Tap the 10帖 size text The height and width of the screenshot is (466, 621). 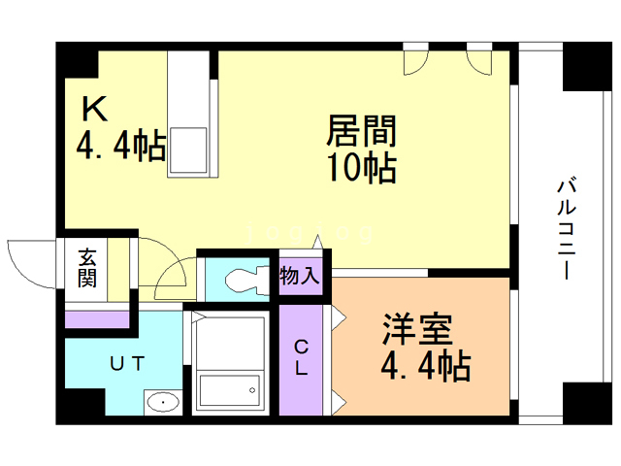(x=361, y=169)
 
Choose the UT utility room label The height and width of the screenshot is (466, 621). (x=126, y=364)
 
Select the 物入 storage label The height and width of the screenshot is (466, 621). (x=300, y=276)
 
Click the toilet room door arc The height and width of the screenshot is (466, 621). (x=173, y=274)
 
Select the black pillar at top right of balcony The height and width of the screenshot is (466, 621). (x=585, y=65)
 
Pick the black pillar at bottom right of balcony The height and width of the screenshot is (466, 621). (x=585, y=401)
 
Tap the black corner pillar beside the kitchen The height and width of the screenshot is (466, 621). (x=78, y=62)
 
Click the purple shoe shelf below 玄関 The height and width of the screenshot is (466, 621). (x=96, y=317)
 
